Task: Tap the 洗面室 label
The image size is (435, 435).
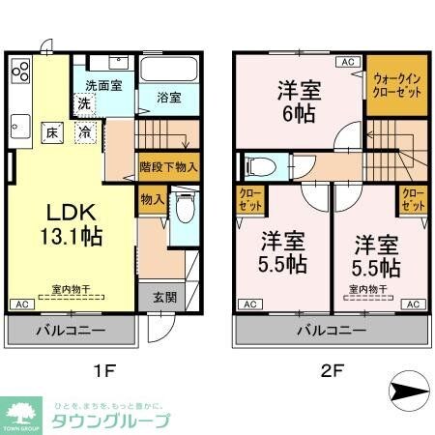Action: [x=102, y=85]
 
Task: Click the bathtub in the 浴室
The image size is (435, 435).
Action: [x=168, y=71]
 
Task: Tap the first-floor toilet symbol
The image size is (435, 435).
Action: [x=183, y=207]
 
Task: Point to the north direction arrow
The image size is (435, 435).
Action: [x=410, y=391]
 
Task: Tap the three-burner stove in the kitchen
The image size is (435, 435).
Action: [x=20, y=72]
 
